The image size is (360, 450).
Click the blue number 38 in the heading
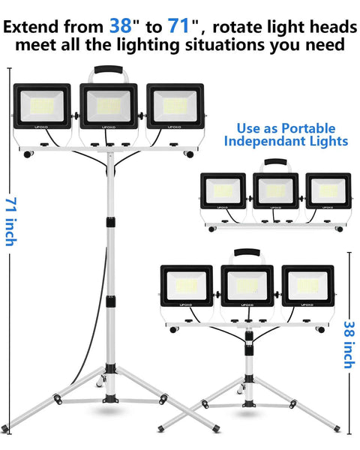[x=121, y=25]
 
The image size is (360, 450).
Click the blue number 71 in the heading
[x=178, y=25]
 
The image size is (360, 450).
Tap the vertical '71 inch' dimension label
[x=11, y=221]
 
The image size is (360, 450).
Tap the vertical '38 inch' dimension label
[x=349, y=345]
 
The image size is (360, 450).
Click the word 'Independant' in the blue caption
[x=259, y=141]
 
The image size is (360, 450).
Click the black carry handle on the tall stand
[x=109, y=70]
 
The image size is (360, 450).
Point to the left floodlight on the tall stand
[x=42, y=106]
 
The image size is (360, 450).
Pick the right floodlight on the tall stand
[x=175, y=106]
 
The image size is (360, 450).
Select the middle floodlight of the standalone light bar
[x=275, y=190]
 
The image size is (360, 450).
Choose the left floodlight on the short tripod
[x=187, y=286]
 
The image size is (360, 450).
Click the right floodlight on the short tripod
[x=308, y=286]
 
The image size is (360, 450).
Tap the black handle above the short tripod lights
[x=247, y=253]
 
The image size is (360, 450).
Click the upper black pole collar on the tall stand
[x=110, y=222]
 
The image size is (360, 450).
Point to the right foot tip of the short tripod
[x=337, y=429]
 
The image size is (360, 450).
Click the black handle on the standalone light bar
[x=275, y=162]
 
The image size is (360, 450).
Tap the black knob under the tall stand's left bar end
[x=28, y=154]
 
